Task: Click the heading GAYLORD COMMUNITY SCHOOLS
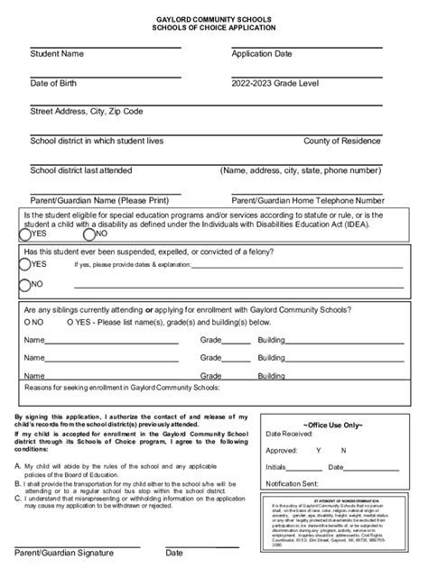pos(214,18)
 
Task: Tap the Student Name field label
pos(57,54)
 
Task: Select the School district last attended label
pos(81,170)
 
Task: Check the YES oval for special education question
pos(25,233)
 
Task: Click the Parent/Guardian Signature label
pos(63,553)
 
